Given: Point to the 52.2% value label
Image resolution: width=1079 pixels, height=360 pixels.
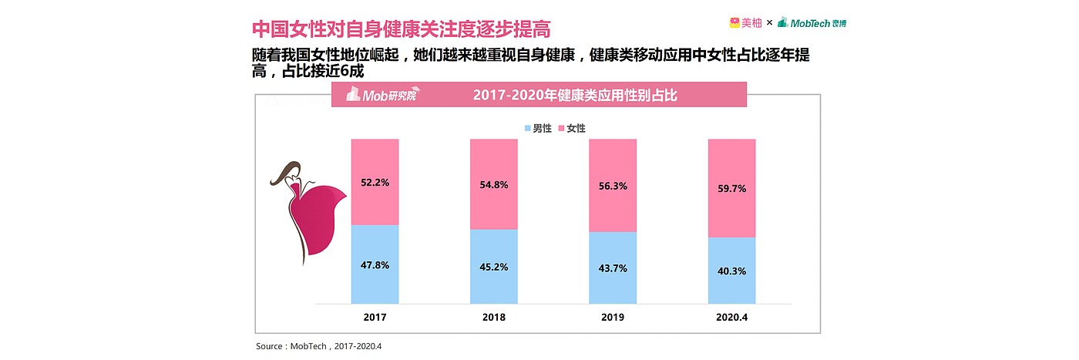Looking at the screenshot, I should (x=375, y=183).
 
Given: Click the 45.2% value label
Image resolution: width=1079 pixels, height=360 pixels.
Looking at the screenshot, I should (x=494, y=268).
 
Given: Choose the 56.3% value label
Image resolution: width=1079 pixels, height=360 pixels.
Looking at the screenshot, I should (x=613, y=186).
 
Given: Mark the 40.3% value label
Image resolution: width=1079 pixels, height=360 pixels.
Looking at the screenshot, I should (x=731, y=271).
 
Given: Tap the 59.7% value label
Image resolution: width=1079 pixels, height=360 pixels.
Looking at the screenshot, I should (x=731, y=189).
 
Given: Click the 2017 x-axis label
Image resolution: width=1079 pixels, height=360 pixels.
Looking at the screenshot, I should (x=375, y=317).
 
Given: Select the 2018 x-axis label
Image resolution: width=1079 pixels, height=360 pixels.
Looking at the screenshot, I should (x=494, y=317).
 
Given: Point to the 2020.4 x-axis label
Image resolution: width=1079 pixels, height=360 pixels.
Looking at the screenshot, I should (x=731, y=317).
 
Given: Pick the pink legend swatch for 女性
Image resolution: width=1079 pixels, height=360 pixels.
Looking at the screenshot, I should (x=560, y=129).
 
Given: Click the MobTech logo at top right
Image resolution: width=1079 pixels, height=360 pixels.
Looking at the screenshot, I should (x=812, y=23).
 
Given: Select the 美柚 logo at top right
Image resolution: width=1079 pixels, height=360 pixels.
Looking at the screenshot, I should (x=745, y=23).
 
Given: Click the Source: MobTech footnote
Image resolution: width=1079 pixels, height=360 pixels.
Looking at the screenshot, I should (x=318, y=346).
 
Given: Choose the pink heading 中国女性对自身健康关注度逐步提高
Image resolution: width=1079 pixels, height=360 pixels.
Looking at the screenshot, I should (x=401, y=29).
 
